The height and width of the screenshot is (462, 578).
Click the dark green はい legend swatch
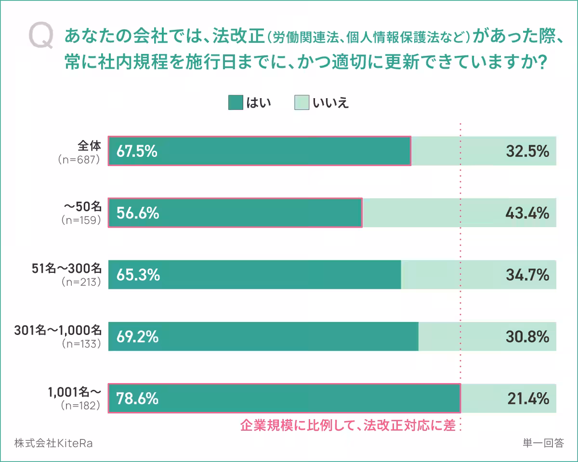236,103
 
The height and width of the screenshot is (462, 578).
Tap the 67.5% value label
137,152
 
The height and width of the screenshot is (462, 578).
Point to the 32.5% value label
527,152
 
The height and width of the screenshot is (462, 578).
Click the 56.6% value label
137,213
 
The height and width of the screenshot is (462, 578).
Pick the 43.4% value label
527,213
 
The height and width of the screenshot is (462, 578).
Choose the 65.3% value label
137,275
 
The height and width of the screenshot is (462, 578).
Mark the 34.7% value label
527,275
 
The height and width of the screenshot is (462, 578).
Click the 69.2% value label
137,336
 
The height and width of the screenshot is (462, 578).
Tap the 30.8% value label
527,336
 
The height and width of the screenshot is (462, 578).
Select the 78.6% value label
137,398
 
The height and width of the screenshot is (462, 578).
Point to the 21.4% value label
528,398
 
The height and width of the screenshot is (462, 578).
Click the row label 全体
90,145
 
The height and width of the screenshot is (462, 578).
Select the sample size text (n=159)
81,220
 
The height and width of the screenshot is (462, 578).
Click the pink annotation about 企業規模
348,425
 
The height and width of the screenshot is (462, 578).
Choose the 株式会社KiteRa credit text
53,443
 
